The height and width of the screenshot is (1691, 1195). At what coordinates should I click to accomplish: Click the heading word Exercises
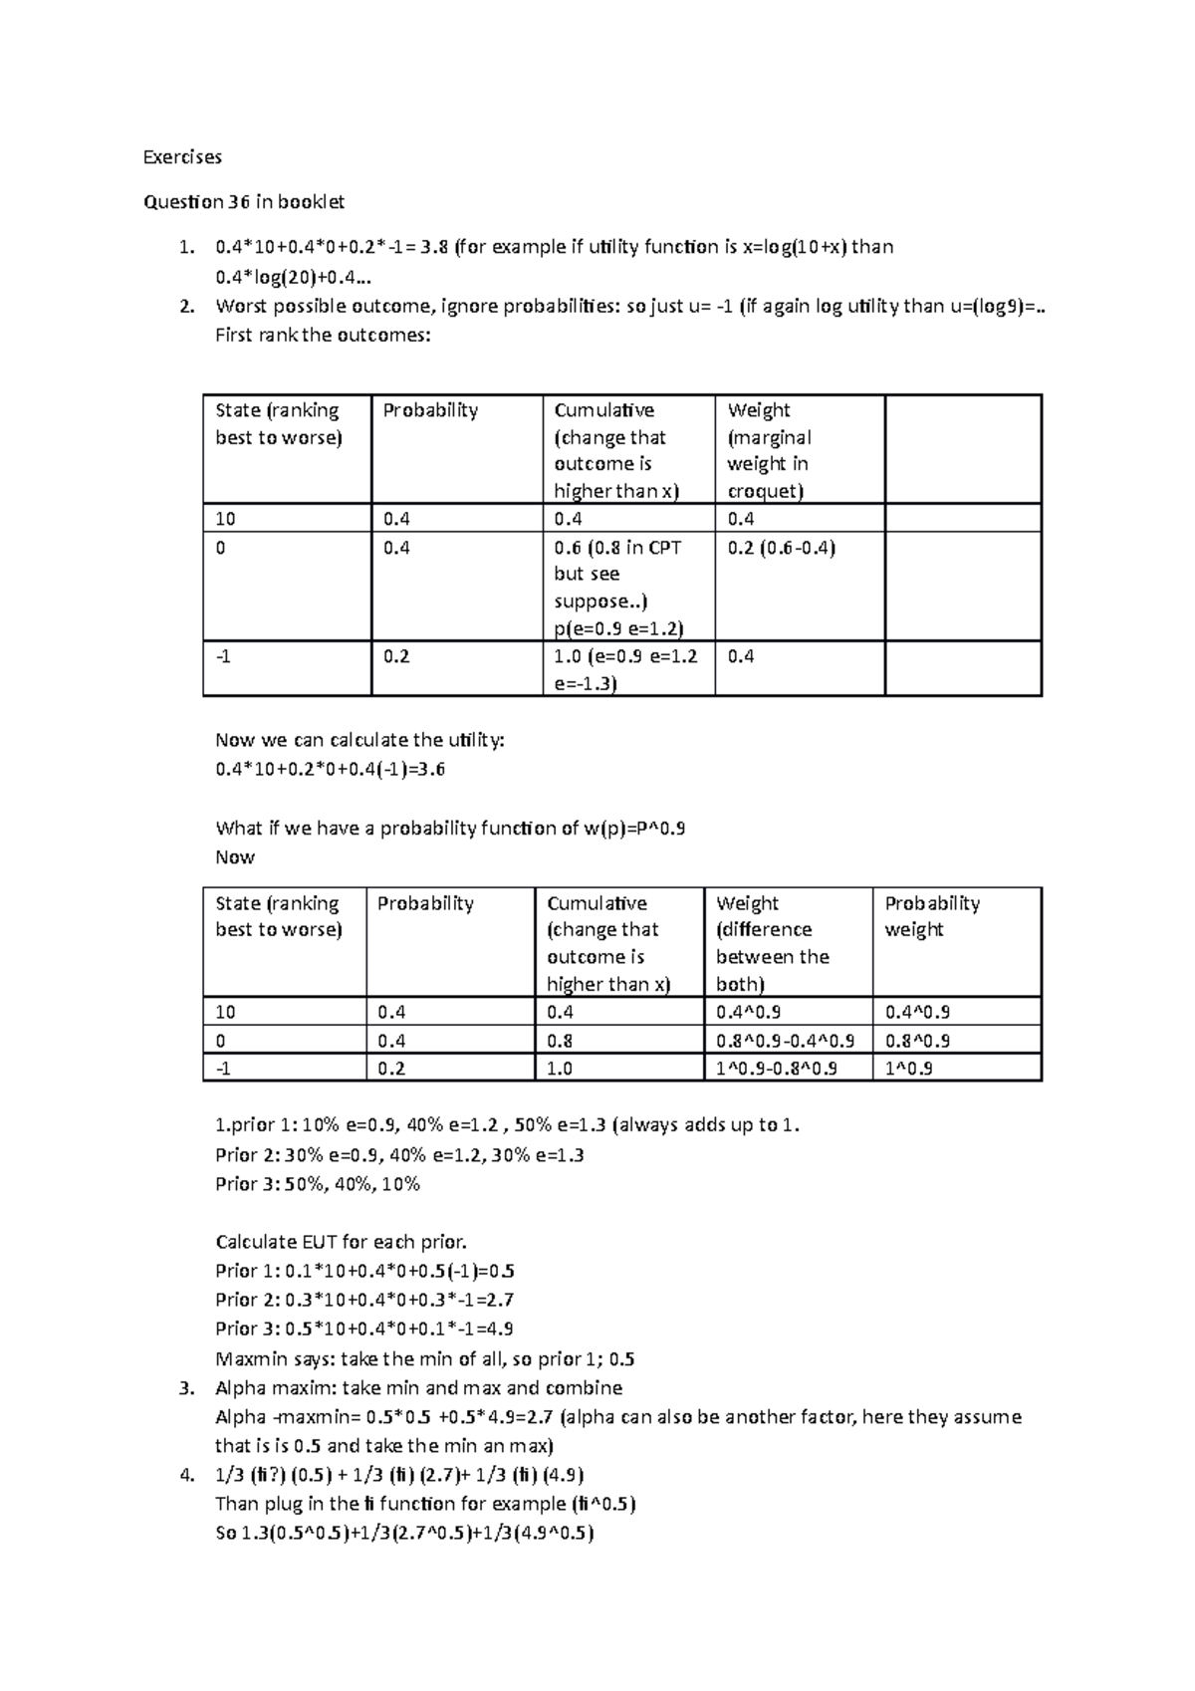(x=182, y=157)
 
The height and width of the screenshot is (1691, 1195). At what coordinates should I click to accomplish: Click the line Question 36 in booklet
(x=244, y=202)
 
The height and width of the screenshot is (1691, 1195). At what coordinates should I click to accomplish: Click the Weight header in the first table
(x=759, y=410)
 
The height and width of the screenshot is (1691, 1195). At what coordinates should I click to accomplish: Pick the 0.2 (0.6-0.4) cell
(x=782, y=548)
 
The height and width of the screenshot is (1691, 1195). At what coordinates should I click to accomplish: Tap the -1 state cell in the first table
(x=221, y=657)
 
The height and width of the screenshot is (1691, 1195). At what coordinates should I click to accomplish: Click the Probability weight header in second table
(x=932, y=916)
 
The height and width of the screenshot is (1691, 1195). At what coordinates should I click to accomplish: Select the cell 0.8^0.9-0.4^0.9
(x=785, y=1041)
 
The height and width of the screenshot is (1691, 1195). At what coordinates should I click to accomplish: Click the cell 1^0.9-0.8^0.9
(x=777, y=1069)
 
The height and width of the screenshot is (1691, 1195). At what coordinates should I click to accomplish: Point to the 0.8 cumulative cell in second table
(x=560, y=1041)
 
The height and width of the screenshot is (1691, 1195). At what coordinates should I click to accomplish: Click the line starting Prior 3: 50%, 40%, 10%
(x=318, y=1184)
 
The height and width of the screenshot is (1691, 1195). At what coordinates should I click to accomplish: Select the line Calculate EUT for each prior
(x=341, y=1242)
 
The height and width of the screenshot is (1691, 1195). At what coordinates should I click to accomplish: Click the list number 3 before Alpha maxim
(x=184, y=1388)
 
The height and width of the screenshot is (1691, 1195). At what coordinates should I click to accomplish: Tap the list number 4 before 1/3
(x=184, y=1475)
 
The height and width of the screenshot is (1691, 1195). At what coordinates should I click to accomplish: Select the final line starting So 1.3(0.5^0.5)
(x=404, y=1534)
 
